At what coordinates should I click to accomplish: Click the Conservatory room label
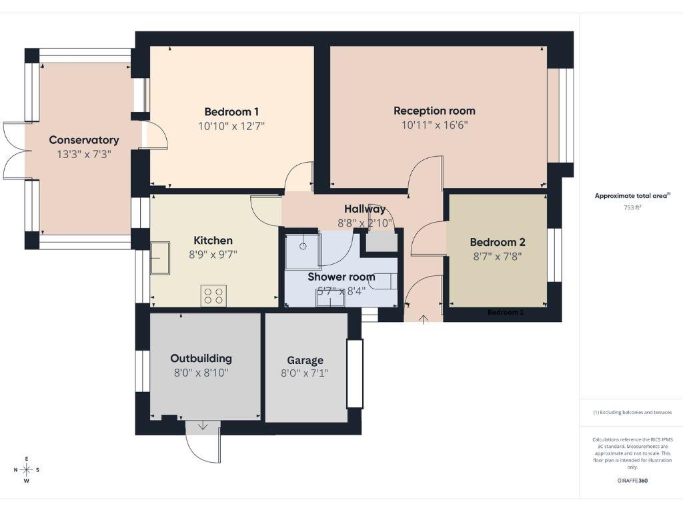pyautogui.click(x=84, y=140)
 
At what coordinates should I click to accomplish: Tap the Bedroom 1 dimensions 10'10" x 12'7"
pyautogui.click(x=231, y=125)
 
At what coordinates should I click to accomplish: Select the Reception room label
pyautogui.click(x=434, y=111)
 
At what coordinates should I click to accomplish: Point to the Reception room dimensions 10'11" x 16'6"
pyautogui.click(x=434, y=125)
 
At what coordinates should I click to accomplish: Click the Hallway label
pyautogui.click(x=365, y=209)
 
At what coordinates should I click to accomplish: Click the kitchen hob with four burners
pyautogui.click(x=213, y=295)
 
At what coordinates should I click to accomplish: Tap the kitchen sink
pyautogui.click(x=159, y=258)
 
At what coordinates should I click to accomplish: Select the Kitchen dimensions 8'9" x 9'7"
pyautogui.click(x=213, y=254)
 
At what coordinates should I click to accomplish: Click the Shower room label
pyautogui.click(x=341, y=277)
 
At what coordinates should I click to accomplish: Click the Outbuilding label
pyautogui.click(x=201, y=358)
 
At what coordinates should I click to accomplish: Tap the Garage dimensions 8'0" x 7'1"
pyautogui.click(x=305, y=373)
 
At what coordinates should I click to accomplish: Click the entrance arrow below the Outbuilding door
pyautogui.click(x=203, y=426)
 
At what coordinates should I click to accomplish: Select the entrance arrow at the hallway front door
pyautogui.click(x=424, y=319)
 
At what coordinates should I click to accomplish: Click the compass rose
pyautogui.click(x=27, y=469)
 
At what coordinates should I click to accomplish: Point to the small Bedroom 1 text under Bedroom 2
pyautogui.click(x=506, y=312)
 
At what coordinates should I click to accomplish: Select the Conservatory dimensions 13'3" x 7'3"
pyautogui.click(x=84, y=154)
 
